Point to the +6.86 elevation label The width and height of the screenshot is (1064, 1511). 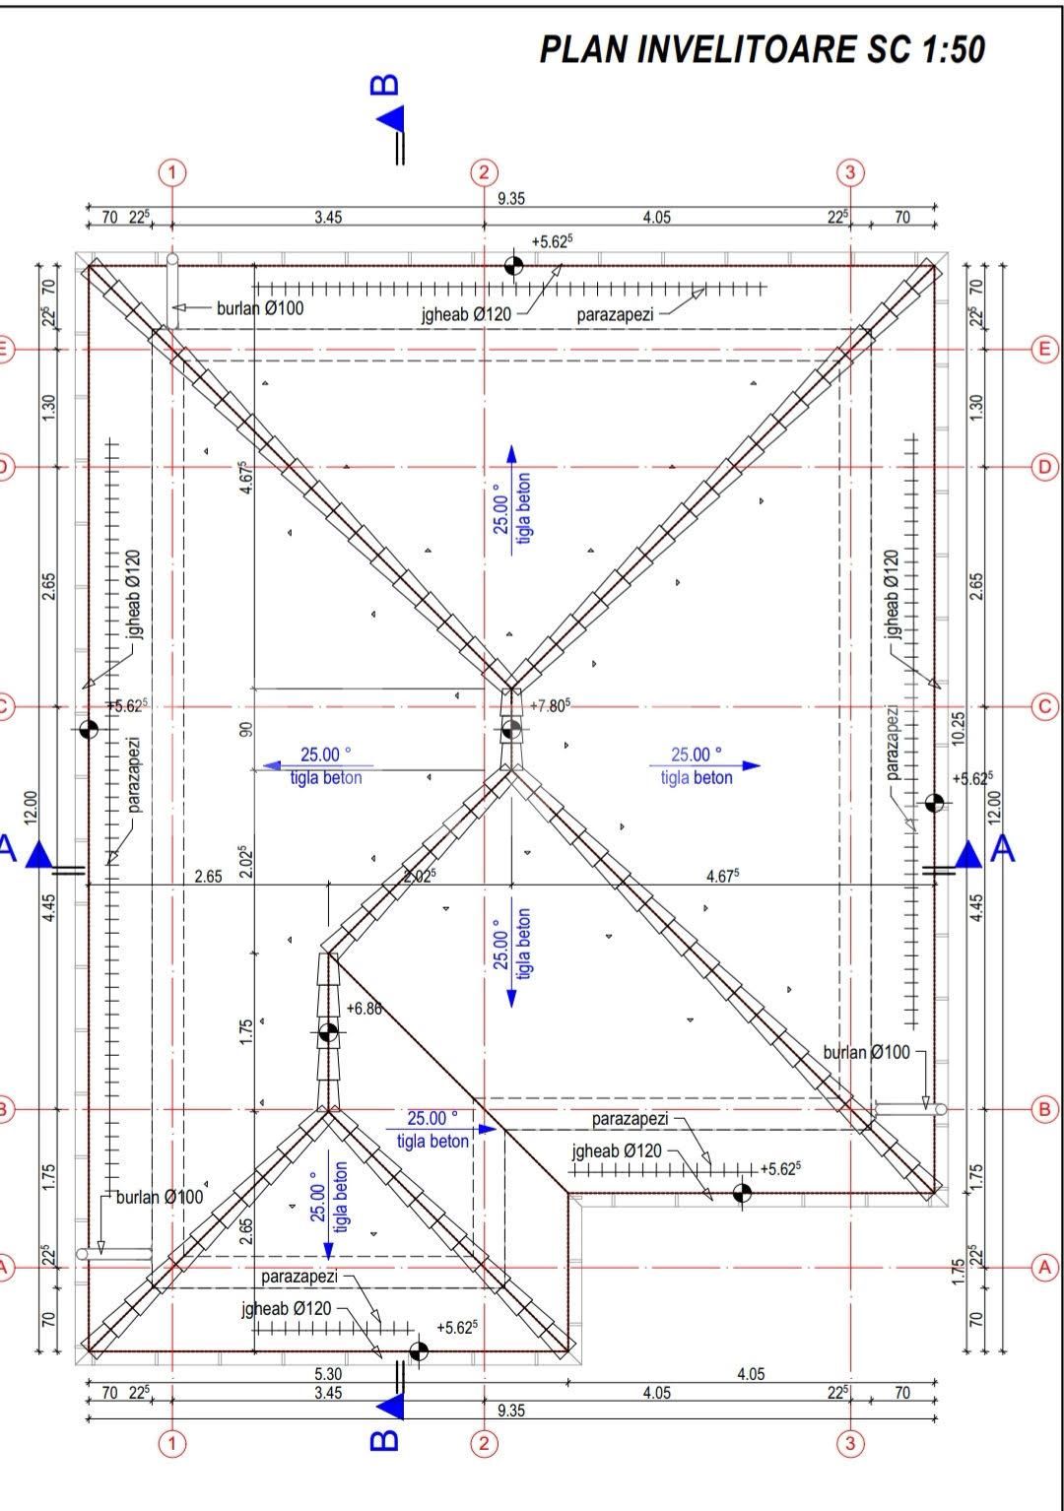pos(364,1009)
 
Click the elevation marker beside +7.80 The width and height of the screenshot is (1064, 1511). pos(511,729)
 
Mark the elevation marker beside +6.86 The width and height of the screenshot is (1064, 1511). pos(328,1032)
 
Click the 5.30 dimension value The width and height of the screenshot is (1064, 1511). pos(328,1373)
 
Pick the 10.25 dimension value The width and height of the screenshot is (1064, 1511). pos(958,729)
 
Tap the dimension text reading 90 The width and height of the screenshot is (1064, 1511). pos(246,730)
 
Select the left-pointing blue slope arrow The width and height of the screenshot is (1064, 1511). pos(317,765)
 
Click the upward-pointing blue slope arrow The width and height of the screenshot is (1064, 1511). pos(511,499)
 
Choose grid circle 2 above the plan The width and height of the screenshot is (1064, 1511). pos(484,172)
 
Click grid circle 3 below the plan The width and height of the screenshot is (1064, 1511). pos(850,1444)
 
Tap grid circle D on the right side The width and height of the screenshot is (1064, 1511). pos(1044,467)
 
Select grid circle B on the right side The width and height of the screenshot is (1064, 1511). pos(1044,1109)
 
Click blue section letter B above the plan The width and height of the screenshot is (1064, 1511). pos(385,85)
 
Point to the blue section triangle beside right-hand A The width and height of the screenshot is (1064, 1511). pos(968,854)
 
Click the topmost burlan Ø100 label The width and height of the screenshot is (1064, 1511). pos(260,308)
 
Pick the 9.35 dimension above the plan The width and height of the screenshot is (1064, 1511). pos(510,198)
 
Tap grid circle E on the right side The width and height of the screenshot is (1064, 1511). pos(1044,350)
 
